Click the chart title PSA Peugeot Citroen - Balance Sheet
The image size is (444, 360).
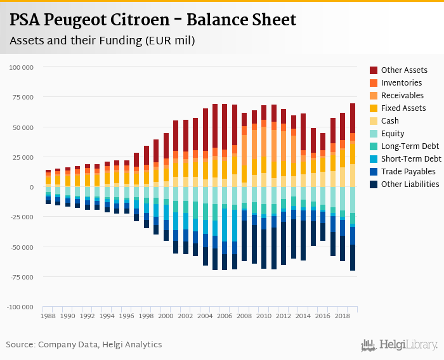(x=153, y=20)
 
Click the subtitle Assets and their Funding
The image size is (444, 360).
(x=102, y=41)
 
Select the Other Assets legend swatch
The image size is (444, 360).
(x=374, y=70)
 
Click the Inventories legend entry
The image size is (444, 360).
(x=401, y=82)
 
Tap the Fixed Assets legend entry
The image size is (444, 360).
(x=403, y=108)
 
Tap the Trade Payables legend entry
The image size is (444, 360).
(x=408, y=171)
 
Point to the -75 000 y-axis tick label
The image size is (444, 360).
(x=22, y=277)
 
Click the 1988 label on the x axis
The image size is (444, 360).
(x=48, y=316)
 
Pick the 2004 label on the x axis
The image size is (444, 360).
(x=205, y=316)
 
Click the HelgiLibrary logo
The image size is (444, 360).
(x=399, y=345)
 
